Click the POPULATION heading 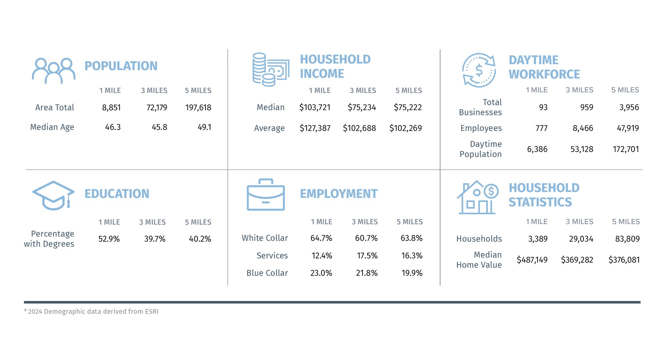[121, 66]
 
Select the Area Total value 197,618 [198, 108]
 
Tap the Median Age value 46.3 [113, 127]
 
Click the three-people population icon [53, 70]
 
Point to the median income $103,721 [314, 107]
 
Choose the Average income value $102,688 [359, 128]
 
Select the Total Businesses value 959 [586, 107]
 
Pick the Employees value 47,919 [628, 128]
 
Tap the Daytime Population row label [481, 149]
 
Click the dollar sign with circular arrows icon [479, 70]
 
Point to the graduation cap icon [53, 195]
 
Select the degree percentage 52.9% [109, 239]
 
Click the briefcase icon [266, 195]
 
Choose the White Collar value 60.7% [366, 238]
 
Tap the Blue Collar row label [267, 273]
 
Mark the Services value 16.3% [412, 256]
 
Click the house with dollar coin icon [478, 198]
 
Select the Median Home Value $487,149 [532, 260]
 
